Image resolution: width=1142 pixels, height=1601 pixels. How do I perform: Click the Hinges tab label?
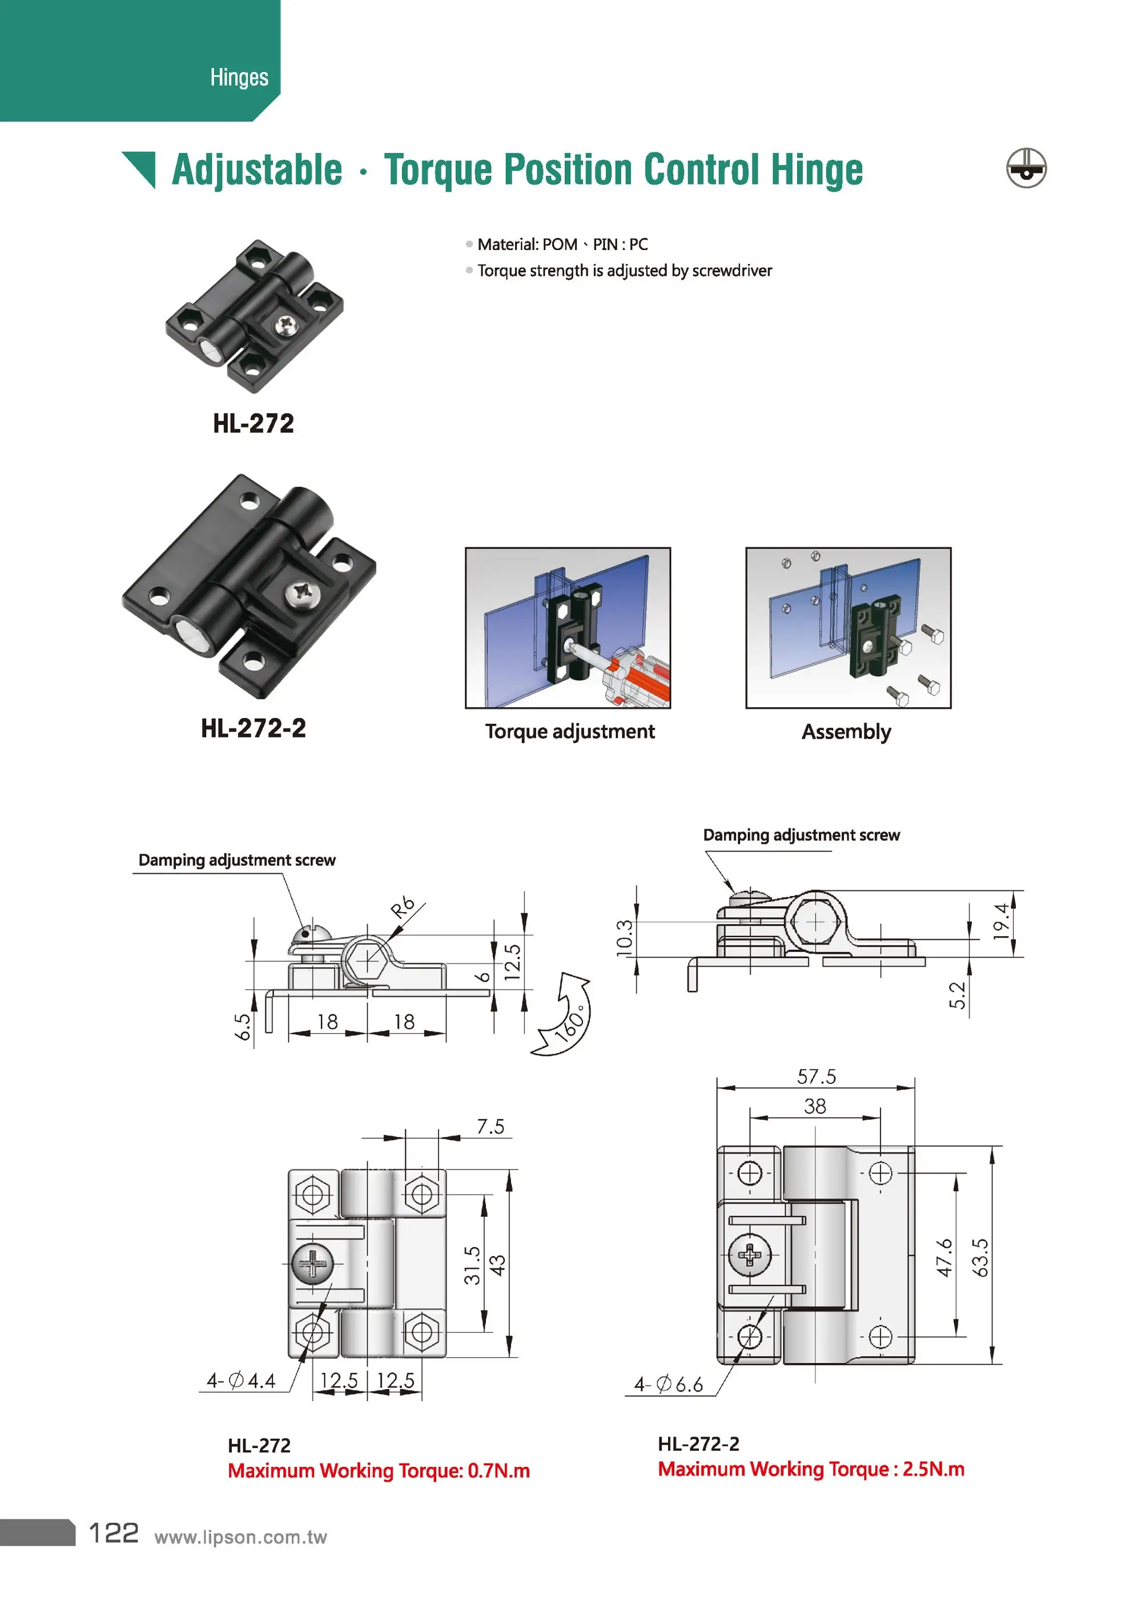[x=239, y=77]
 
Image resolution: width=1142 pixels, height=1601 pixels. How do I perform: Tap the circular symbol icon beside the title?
[x=1026, y=169]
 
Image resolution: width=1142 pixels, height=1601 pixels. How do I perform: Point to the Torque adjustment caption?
[x=570, y=732]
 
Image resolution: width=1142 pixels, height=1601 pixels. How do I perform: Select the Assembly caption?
[x=846, y=732]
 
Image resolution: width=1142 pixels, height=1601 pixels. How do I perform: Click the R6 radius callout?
[x=403, y=908]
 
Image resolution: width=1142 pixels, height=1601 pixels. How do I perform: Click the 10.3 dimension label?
[x=625, y=938]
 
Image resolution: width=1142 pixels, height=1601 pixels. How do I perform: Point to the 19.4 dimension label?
[x=1000, y=921]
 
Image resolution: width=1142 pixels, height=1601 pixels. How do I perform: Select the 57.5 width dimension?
[x=816, y=1076]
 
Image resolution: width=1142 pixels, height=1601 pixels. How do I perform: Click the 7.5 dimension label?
[x=490, y=1127]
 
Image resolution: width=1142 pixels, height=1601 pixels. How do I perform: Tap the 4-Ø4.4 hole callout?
[x=241, y=1380]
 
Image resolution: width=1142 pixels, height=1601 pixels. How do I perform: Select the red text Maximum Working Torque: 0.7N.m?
[x=379, y=1470]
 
